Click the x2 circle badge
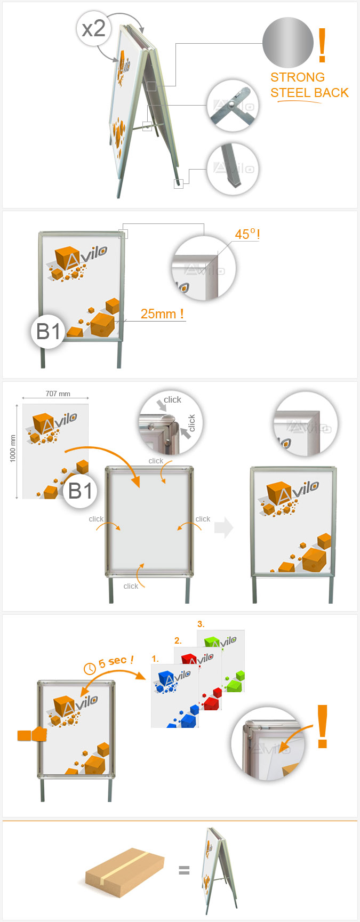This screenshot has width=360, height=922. pyautogui.click(x=94, y=28)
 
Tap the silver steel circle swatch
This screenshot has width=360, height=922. pyautogui.click(x=288, y=43)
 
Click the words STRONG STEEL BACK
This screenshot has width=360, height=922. pyautogui.click(x=309, y=85)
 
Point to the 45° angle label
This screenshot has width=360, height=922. pyautogui.click(x=247, y=234)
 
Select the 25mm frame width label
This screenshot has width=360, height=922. pyautogui.click(x=162, y=314)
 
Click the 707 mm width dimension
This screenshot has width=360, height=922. pyautogui.click(x=58, y=394)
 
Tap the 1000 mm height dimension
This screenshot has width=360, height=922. pyautogui.click(x=13, y=448)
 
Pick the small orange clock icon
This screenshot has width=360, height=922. pyautogui.click(x=90, y=667)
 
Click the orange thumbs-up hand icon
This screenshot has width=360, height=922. pyautogui.click(x=33, y=734)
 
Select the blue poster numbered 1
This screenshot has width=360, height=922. pyautogui.click(x=175, y=696)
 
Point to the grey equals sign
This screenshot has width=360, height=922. pyautogui.click(x=184, y=871)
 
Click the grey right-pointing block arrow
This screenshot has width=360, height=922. pyautogui.click(x=224, y=527)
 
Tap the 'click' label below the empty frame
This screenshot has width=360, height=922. pyautogui.click(x=131, y=586)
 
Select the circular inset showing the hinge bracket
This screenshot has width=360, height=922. pyautogui.click(x=233, y=106)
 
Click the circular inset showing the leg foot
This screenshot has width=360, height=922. pyautogui.click(x=233, y=169)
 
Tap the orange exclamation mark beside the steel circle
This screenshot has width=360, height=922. pyautogui.click(x=322, y=45)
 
